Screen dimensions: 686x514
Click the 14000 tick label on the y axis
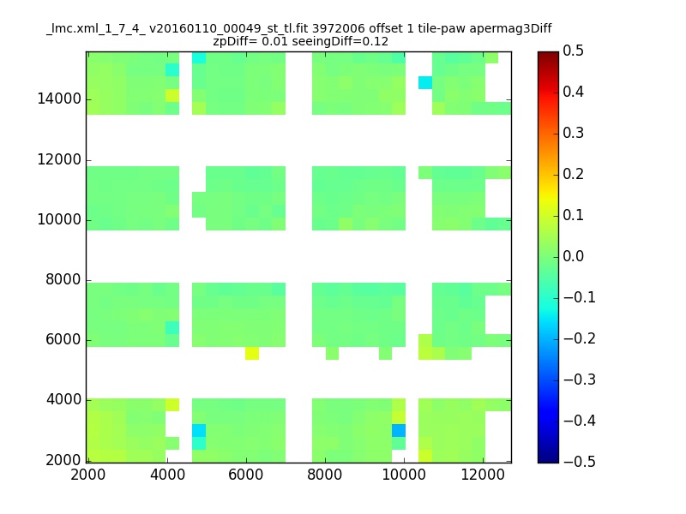59,99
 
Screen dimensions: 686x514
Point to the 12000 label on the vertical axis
59,159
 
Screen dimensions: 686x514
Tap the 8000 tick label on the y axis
63,280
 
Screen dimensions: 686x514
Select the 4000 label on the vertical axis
63,399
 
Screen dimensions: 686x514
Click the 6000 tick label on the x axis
246,475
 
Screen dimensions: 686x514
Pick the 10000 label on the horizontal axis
404,475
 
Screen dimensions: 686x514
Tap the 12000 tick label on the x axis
483,475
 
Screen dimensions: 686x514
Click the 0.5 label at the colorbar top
573,51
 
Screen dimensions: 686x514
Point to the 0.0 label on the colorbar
573,256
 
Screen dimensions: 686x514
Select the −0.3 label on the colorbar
580,380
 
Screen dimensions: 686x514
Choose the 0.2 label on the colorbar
573,174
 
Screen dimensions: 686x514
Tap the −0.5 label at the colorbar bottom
580,462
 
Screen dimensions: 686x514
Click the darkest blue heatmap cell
399,431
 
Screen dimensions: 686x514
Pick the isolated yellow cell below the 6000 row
252,353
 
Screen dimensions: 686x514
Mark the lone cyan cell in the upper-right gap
425,82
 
